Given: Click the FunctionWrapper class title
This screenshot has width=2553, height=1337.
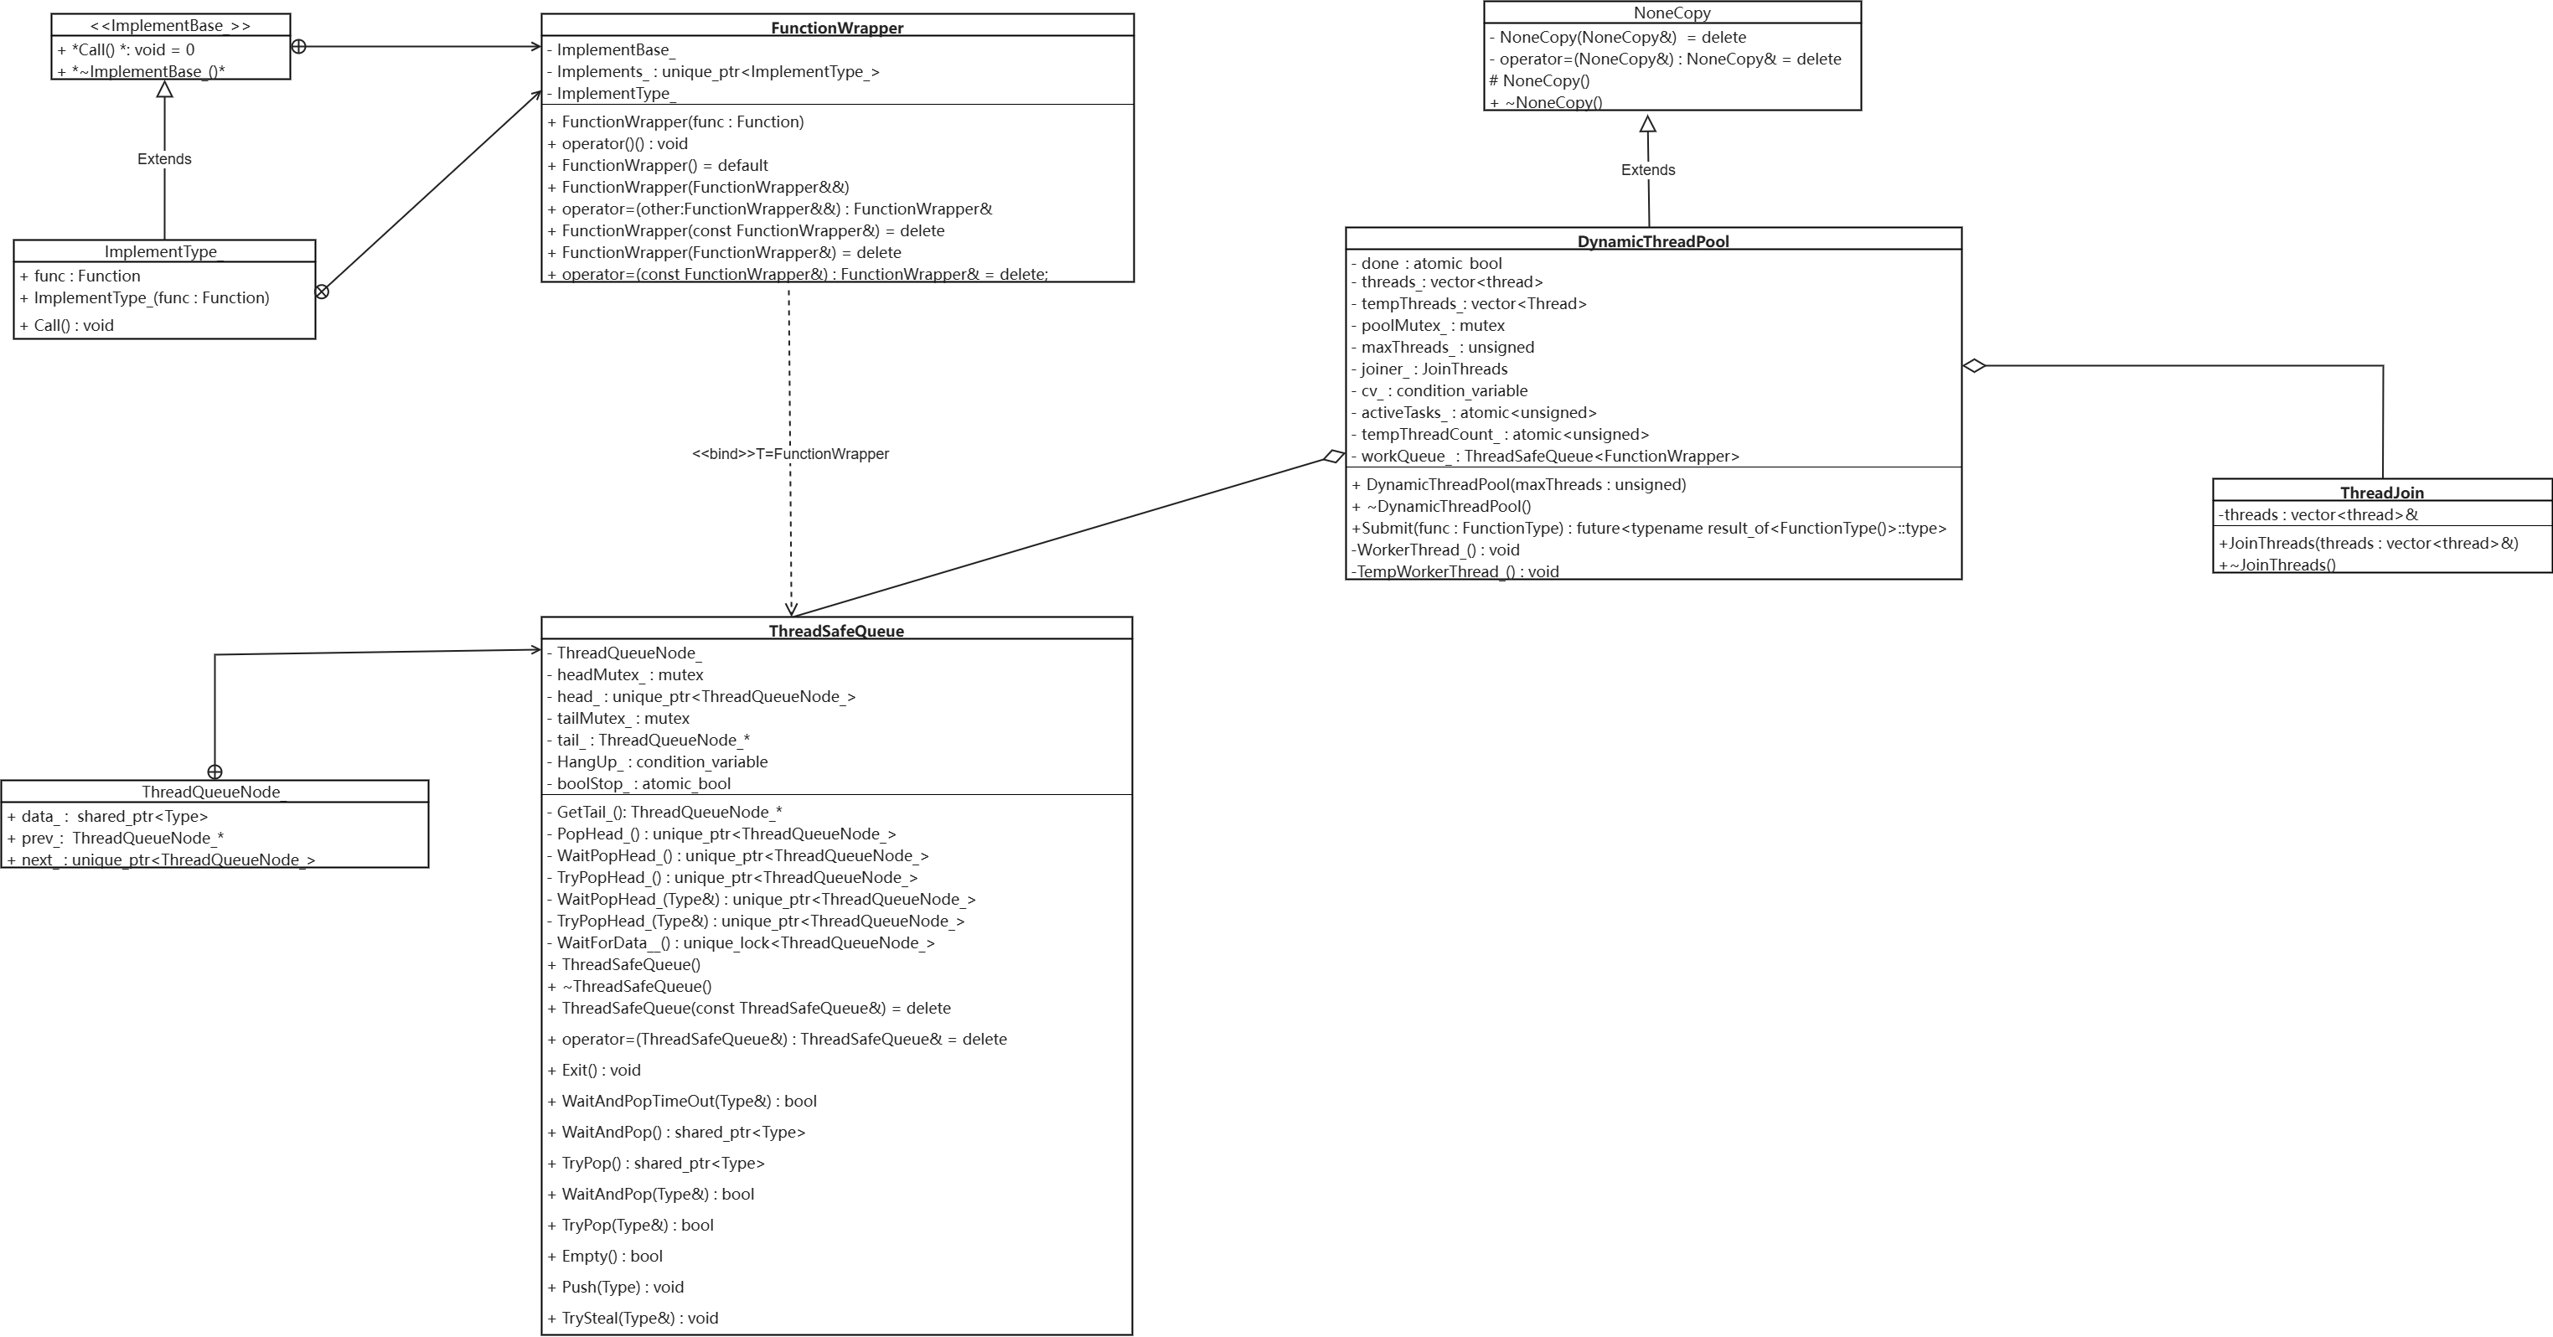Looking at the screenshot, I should [x=836, y=28].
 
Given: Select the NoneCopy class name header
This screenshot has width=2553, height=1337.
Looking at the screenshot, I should [x=1671, y=13].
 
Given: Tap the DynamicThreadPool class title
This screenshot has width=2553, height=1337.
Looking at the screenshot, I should [x=1652, y=240].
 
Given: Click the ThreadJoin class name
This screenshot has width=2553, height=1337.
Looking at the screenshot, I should [x=2380, y=493].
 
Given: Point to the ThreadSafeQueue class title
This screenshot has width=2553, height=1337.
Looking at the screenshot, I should [x=835, y=630].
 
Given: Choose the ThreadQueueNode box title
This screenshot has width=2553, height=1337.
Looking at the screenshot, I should [x=210, y=791].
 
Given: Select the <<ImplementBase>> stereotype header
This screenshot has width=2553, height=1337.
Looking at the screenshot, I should [x=169, y=26].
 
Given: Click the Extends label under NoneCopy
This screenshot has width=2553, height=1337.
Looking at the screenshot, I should [x=1647, y=169].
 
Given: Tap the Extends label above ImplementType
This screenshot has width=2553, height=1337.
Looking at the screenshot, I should [x=163, y=158].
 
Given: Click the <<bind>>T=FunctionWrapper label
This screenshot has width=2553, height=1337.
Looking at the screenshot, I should [x=790, y=454].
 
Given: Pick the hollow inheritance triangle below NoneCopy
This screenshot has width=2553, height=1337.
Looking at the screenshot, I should [x=1647, y=124].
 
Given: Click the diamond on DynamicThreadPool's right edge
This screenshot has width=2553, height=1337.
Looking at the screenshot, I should [x=1973, y=366].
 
